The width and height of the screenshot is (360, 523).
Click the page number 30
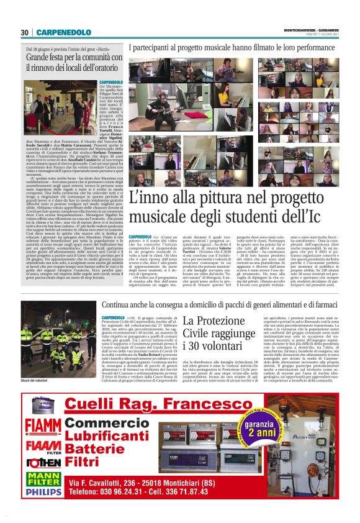[x=25, y=32]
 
